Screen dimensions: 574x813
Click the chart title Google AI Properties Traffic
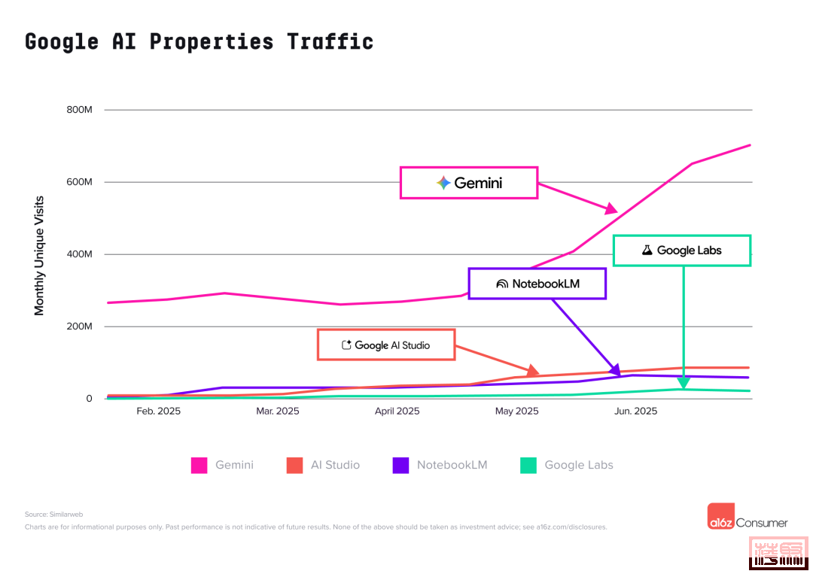pos(199,41)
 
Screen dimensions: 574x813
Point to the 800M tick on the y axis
pos(78,110)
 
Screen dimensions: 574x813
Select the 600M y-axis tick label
pos(78,182)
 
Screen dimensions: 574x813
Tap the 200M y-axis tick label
pos(78,326)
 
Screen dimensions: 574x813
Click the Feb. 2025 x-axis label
pos(158,411)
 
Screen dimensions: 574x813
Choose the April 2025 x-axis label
pos(397,411)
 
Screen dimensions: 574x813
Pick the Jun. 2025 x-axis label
pos(635,411)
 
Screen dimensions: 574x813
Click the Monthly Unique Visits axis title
pos(39,256)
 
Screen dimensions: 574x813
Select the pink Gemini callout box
pos(468,183)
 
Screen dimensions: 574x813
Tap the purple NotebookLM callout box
pos(537,284)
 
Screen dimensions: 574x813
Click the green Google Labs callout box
pos(681,251)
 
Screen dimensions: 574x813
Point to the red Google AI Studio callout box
pos(385,345)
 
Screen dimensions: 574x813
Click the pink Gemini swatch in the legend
pos(199,465)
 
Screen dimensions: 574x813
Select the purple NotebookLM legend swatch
pos(400,465)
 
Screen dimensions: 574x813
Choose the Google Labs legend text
pos(578,465)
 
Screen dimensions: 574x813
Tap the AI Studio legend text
pos(335,465)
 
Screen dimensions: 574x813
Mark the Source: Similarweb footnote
pos(53,515)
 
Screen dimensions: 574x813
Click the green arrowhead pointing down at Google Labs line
pos(683,383)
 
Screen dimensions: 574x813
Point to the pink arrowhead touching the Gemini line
pos(611,208)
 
